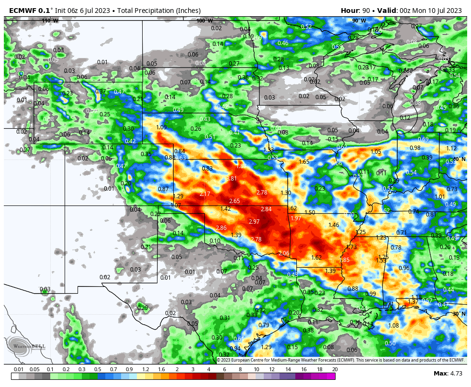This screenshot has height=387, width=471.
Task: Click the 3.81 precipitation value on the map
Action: [x=232, y=178]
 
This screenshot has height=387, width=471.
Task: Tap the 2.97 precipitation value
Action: [x=254, y=221]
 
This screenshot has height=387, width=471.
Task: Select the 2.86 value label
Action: [x=221, y=228]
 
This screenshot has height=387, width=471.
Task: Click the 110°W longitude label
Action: [x=50, y=21]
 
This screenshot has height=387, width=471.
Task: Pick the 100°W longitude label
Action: [x=204, y=21]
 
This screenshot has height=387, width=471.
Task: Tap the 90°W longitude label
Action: [x=359, y=21]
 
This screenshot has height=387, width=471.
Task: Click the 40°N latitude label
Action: [x=459, y=159]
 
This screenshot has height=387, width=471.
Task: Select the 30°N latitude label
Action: [x=459, y=314]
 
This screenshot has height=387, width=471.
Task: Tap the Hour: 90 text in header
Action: [x=357, y=11]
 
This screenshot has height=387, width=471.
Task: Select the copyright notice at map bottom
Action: [x=340, y=360]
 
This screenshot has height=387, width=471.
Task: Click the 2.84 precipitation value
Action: [x=266, y=209]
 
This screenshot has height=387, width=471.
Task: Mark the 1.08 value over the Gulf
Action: [x=393, y=326]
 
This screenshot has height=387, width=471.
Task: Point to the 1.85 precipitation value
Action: [x=345, y=260]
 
